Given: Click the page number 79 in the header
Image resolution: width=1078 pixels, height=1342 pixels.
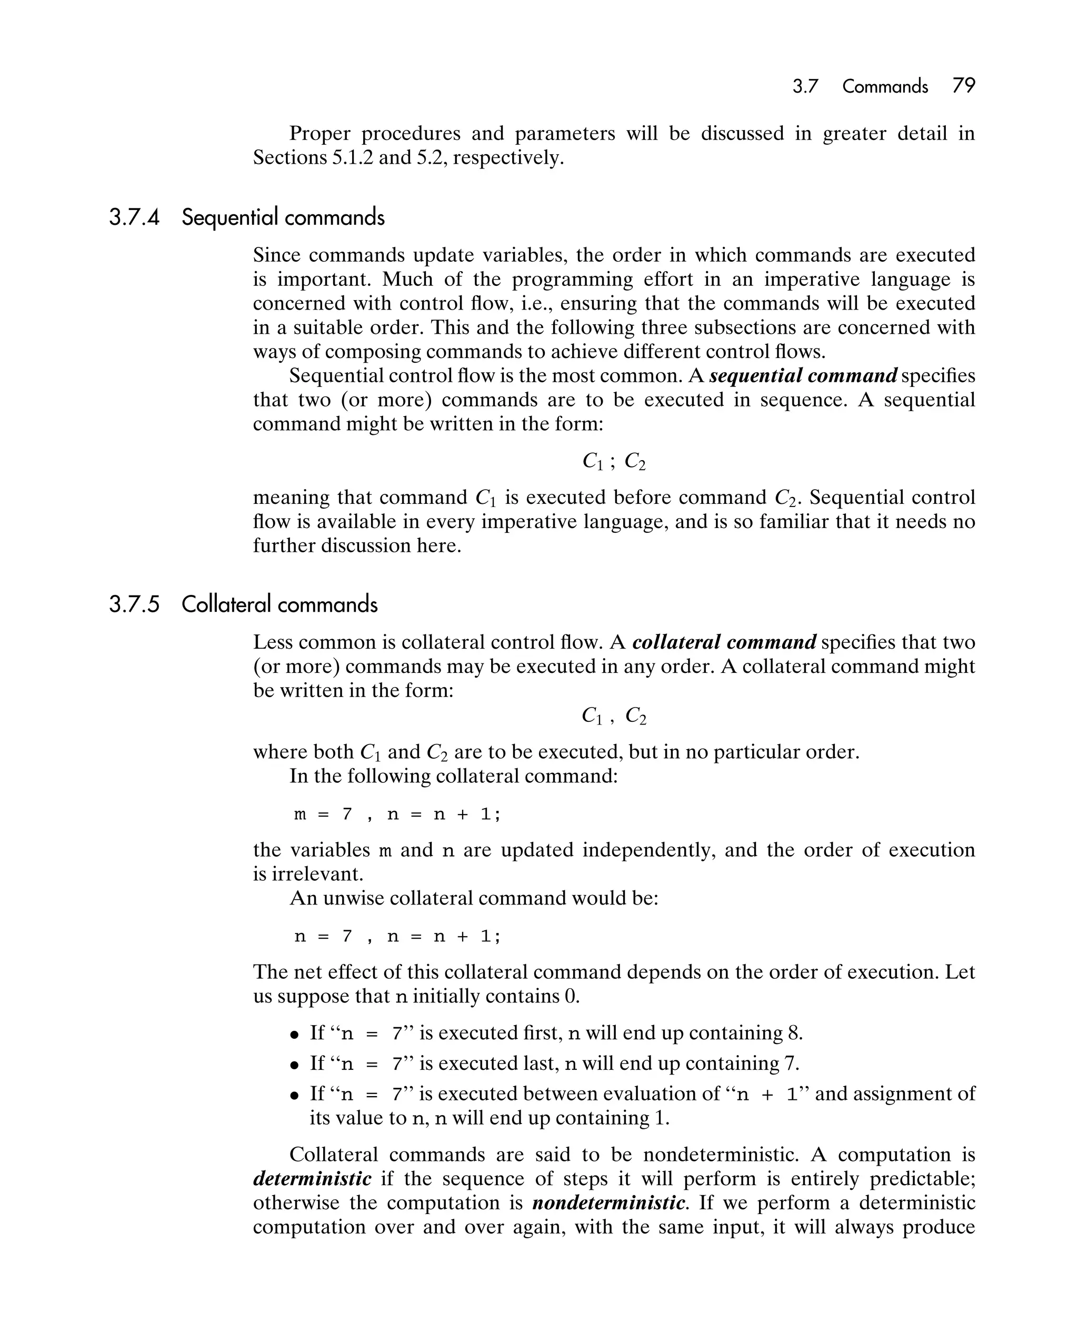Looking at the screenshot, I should (x=963, y=86).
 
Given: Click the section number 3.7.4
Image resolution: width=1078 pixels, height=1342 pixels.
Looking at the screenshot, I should (x=134, y=217).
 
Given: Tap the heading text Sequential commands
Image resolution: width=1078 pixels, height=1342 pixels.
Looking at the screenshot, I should (x=283, y=217).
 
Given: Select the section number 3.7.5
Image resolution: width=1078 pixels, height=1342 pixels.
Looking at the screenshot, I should (x=134, y=604).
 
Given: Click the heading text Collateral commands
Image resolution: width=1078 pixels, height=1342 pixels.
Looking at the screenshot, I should (x=280, y=604).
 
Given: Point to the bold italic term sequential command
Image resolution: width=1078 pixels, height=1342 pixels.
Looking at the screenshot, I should (x=803, y=376).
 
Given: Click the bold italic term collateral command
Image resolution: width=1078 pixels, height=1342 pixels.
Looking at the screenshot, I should (x=724, y=642).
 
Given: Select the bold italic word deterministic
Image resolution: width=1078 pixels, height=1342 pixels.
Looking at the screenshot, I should (x=313, y=1179).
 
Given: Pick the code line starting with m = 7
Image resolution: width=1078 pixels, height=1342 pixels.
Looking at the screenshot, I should (x=397, y=814).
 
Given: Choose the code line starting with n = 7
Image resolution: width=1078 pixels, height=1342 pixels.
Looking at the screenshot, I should (x=397, y=936).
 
